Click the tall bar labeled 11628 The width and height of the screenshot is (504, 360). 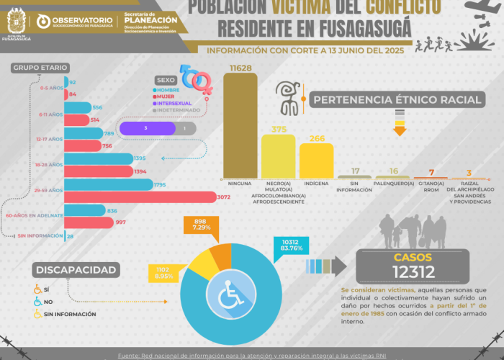pos(240,126)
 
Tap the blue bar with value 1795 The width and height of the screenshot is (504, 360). pos(109,185)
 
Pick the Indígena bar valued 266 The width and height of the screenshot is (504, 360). pos(316,161)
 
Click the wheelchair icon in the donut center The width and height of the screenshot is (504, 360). pos(232,295)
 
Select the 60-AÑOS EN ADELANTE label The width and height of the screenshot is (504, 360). pos(35,215)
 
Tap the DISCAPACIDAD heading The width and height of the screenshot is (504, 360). pos(75,270)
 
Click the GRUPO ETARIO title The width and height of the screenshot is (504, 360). pos(35,68)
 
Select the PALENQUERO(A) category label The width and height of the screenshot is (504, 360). pos(394,183)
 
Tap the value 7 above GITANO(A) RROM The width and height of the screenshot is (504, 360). pos(431,172)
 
